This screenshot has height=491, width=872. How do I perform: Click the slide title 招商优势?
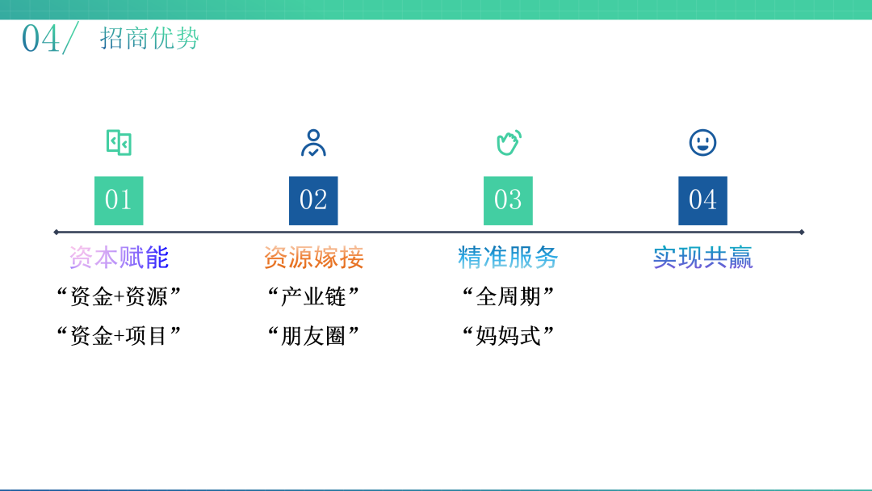[149, 39]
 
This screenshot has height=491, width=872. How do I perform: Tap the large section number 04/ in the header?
[49, 38]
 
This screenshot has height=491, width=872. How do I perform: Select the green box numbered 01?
[119, 201]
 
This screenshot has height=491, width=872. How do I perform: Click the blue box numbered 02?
[313, 201]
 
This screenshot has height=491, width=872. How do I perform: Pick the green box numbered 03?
[508, 201]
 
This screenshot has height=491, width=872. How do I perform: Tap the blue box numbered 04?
[702, 201]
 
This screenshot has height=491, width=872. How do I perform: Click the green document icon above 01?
[119, 142]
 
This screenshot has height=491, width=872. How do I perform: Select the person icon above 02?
[313, 143]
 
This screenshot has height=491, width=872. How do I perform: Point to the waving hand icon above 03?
[509, 142]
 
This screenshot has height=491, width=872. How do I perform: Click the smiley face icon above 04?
[703, 143]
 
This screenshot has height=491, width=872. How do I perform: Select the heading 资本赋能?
[119, 258]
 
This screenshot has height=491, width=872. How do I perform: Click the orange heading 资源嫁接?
[313, 258]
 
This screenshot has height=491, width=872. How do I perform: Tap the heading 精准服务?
[508, 258]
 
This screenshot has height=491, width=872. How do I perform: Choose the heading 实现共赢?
[703, 258]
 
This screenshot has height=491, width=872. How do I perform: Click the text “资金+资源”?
[119, 296]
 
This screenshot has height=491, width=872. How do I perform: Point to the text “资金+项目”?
[119, 335]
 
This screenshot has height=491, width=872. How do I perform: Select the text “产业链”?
[313, 296]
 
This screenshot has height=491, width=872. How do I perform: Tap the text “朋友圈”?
[313, 335]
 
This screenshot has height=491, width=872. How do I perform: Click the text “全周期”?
[509, 296]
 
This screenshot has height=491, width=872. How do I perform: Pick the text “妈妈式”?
[509, 335]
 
